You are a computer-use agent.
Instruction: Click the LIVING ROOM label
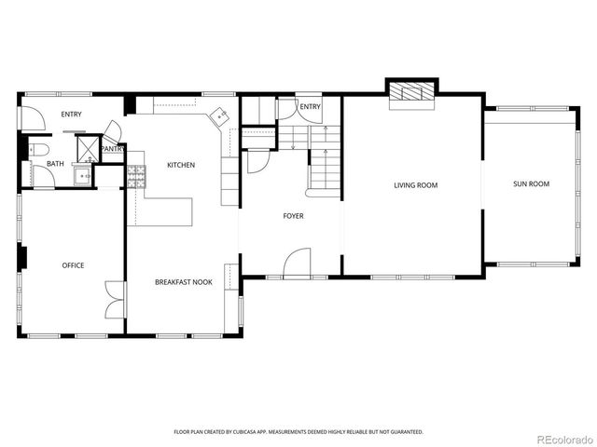(x=415, y=185)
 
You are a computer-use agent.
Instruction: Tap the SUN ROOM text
(x=531, y=184)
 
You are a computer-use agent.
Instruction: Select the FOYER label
(x=294, y=216)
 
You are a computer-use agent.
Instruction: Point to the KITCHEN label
(x=181, y=165)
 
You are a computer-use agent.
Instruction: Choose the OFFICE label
(x=73, y=265)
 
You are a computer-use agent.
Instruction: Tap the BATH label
(x=55, y=165)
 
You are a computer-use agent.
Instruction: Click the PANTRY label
(x=113, y=149)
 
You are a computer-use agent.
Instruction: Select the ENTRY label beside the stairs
(x=311, y=107)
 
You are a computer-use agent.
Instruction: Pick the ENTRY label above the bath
(x=72, y=115)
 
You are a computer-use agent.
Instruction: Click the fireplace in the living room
(x=410, y=91)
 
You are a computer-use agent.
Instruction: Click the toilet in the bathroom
(x=39, y=149)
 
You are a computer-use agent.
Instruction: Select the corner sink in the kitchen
(x=220, y=116)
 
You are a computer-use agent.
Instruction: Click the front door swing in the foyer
(x=298, y=263)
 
